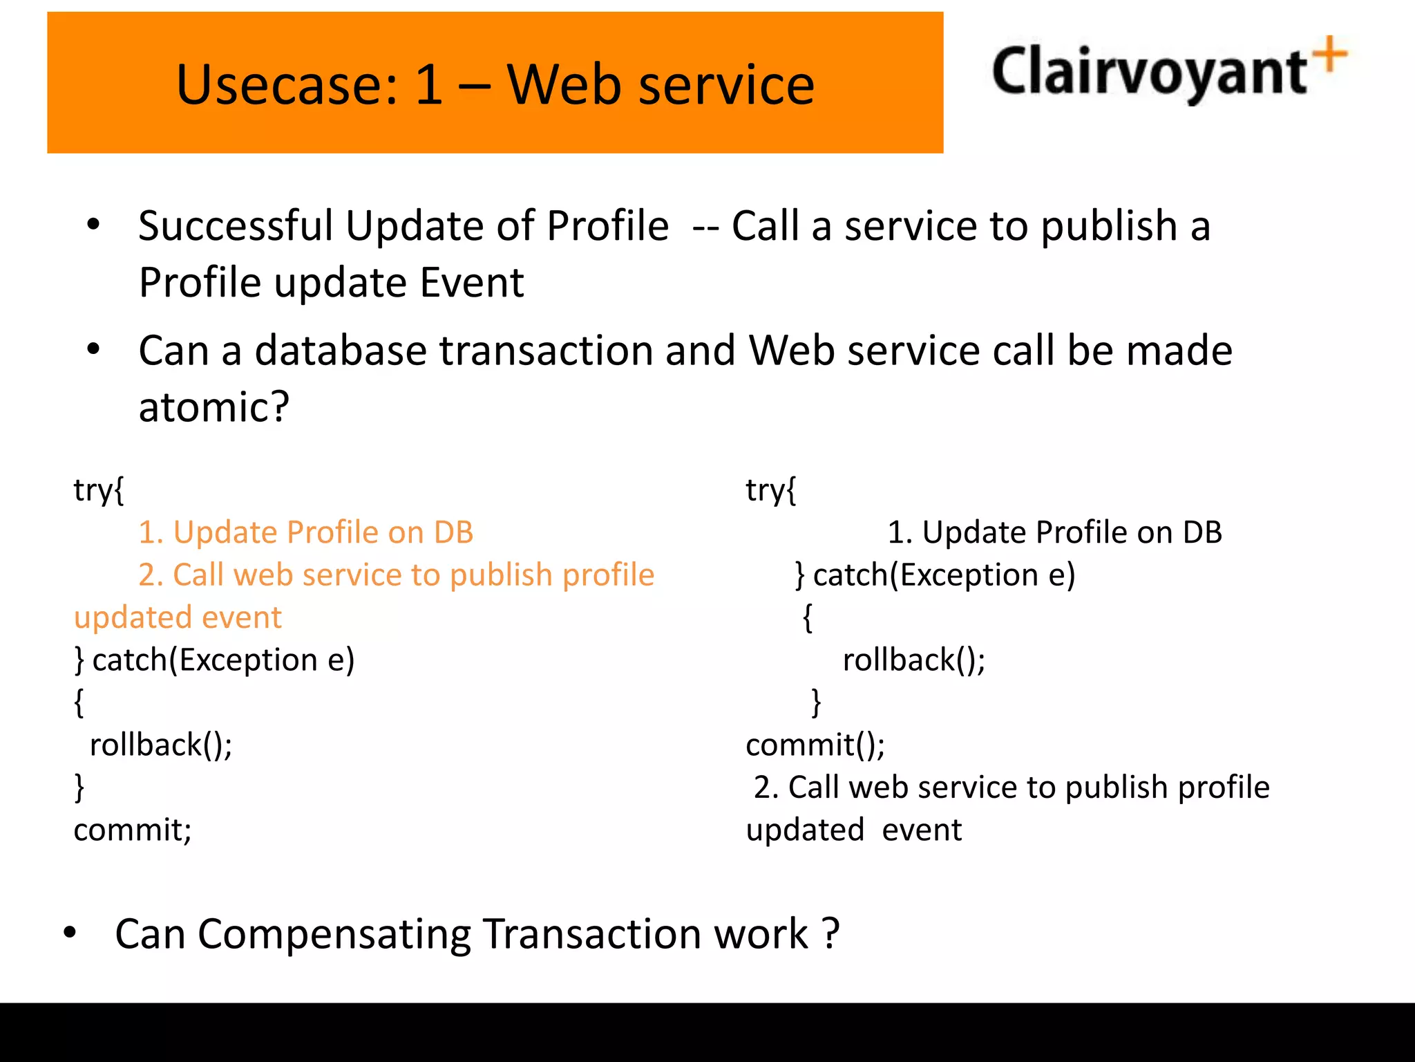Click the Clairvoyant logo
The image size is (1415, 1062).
1168,72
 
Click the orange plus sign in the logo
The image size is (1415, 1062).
1331,54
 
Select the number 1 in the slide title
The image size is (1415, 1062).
429,84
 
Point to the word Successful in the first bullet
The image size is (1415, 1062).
236,226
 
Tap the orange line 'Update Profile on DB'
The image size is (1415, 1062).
306,532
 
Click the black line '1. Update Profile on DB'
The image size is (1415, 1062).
1054,532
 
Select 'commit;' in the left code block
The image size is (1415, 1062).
133,830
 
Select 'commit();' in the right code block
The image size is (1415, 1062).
815,745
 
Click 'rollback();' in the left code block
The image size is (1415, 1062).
161,745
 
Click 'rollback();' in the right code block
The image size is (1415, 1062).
913,660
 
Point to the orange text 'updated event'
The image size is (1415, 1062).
178,617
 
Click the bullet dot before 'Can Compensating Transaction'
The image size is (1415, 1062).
70,933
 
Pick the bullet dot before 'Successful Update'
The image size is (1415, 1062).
93,225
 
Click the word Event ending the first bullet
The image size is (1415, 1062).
472,283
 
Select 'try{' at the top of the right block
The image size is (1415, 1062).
770,490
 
